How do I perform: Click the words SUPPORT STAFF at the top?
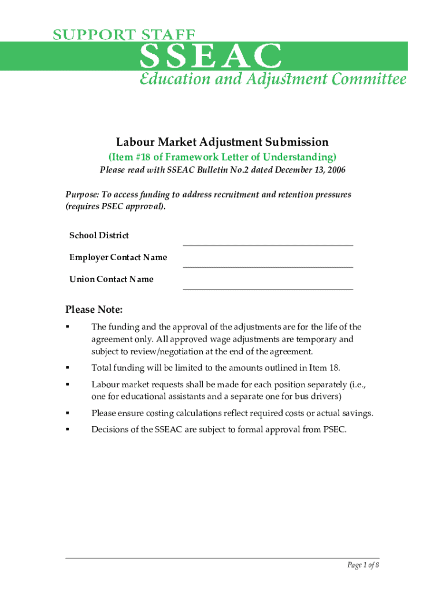pyautogui.click(x=124, y=34)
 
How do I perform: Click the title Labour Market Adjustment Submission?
pyautogui.click(x=222, y=142)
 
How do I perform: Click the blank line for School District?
pyautogui.click(x=268, y=241)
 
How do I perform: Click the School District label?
pyautogui.click(x=99, y=235)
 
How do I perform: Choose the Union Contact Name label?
pyautogui.click(x=112, y=279)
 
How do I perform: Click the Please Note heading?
pyautogui.click(x=94, y=310)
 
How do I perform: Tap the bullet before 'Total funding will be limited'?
pyautogui.click(x=68, y=368)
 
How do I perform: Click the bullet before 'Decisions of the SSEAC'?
pyautogui.click(x=68, y=430)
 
